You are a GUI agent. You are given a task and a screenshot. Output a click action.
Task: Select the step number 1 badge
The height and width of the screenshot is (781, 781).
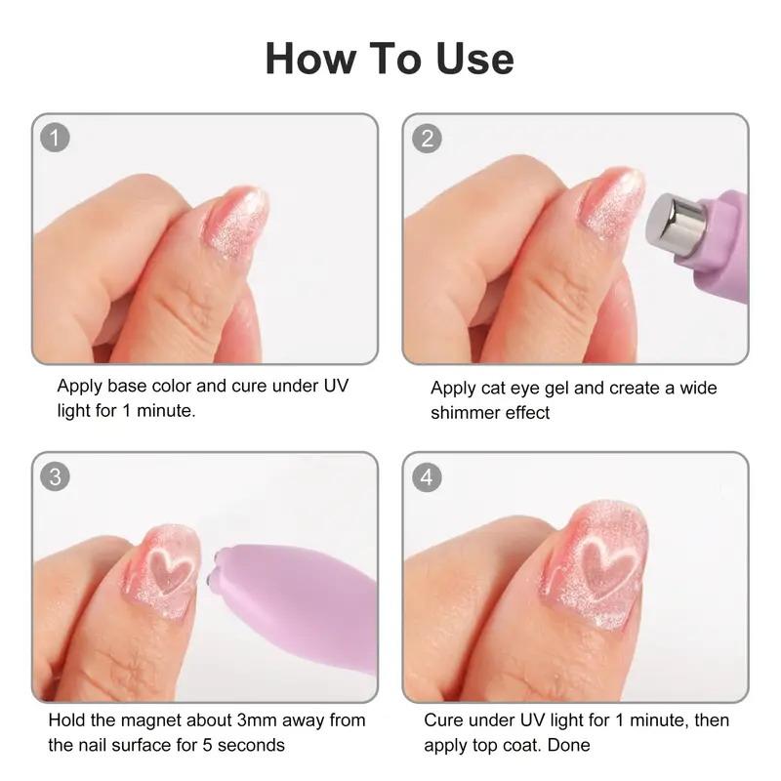pos(55,137)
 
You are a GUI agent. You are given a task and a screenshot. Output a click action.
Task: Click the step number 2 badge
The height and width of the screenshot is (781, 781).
pos(427,137)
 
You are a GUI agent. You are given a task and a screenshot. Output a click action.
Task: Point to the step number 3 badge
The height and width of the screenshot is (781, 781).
pos(55,476)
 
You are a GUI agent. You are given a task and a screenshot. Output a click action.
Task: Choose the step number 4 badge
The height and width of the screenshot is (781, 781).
pos(427,476)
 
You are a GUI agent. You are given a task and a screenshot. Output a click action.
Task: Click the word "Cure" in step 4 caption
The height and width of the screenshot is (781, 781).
pos(444,721)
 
